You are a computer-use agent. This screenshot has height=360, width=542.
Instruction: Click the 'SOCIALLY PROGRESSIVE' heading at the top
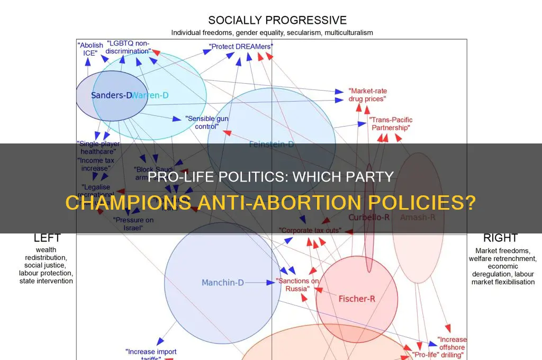point(277,21)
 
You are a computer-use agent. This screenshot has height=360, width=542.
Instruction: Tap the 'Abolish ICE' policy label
point(90,49)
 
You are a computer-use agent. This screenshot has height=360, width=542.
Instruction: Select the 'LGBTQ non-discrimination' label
point(129,47)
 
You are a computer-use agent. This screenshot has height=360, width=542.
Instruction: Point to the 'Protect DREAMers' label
point(241,47)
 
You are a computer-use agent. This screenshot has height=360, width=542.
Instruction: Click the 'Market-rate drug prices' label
point(367,95)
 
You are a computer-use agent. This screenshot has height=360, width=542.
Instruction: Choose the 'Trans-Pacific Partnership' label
point(391,124)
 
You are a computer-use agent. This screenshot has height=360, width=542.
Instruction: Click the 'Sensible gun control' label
point(206,122)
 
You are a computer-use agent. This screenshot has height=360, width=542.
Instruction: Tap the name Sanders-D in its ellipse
point(111,95)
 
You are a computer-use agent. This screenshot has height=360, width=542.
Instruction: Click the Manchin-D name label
point(222,283)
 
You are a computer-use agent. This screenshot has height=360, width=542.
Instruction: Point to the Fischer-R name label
point(357,299)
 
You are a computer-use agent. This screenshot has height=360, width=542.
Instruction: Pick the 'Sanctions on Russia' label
point(298,285)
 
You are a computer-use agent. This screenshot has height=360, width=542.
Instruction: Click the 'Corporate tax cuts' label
point(310,231)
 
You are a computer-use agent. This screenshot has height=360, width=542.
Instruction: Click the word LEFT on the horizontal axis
point(47,238)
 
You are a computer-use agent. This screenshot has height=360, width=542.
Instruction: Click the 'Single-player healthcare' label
point(98,147)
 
